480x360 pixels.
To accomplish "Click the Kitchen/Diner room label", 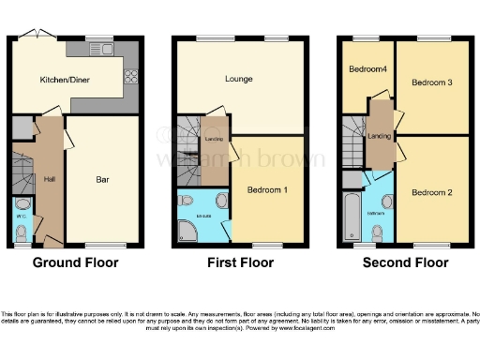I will point(57,81).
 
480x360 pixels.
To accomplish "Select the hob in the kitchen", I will point(129,80).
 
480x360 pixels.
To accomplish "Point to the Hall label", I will point(48,178).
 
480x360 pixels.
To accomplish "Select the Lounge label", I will point(238,78).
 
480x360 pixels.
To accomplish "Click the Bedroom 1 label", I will point(267,189).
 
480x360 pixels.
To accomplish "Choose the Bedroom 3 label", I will point(430,82).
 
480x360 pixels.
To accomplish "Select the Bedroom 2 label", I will point(430,191).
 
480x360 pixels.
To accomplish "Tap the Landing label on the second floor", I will point(380,137).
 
